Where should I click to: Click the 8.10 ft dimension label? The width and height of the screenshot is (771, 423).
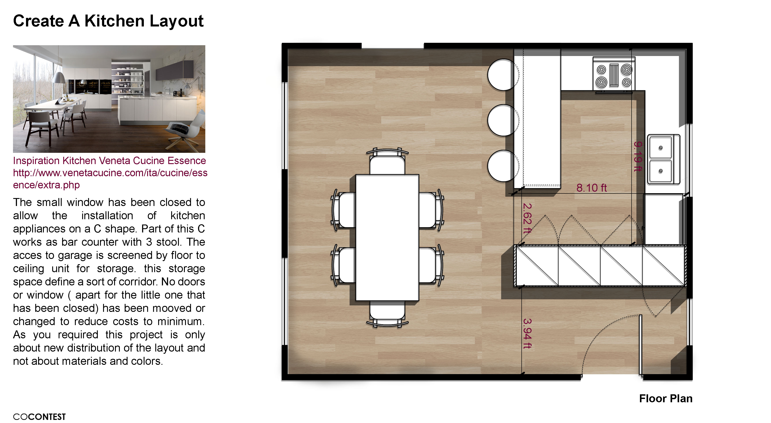[591, 188]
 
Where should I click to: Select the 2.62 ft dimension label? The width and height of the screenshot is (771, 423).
[527, 218]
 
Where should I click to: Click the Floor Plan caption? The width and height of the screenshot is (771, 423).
[666, 399]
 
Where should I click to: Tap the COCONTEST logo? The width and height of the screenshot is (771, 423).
[39, 417]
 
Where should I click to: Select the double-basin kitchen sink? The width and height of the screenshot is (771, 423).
[664, 159]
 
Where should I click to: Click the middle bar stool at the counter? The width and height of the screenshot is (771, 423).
[503, 120]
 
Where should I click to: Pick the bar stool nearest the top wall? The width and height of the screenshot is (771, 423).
[503, 75]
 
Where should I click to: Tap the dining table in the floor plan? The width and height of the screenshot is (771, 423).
[387, 238]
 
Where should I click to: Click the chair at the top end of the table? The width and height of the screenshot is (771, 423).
[387, 161]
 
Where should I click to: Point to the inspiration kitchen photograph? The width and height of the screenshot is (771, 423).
[109, 99]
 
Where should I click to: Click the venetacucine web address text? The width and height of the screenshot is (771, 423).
[110, 179]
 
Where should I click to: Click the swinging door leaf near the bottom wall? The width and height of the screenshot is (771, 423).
[641, 345]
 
